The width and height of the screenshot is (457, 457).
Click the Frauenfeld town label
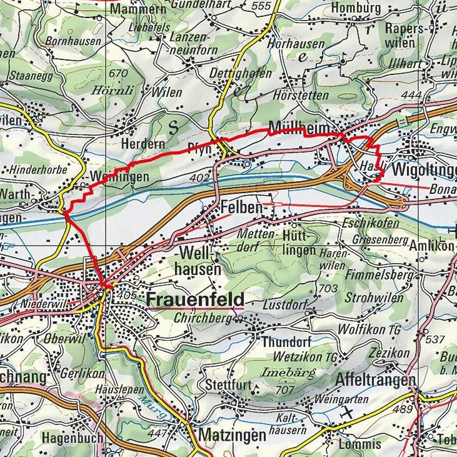[195, 299]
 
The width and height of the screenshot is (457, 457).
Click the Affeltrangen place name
[375, 381]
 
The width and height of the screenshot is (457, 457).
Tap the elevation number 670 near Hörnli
[117, 73]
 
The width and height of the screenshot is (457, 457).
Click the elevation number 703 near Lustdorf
[328, 288]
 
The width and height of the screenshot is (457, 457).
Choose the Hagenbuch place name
[72, 439]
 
